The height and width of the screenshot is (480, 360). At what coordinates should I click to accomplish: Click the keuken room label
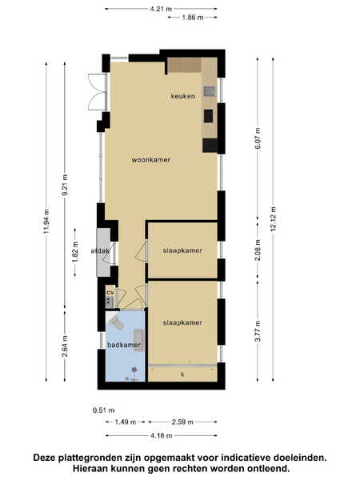pyautogui.click(x=182, y=96)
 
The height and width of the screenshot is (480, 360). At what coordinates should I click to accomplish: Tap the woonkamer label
pyautogui.click(x=151, y=160)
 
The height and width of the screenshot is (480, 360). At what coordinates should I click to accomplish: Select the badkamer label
pyautogui.click(x=124, y=345)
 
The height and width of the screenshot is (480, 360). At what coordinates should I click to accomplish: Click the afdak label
pyautogui.click(x=100, y=251)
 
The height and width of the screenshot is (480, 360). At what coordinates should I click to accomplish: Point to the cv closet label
pyautogui.click(x=110, y=292)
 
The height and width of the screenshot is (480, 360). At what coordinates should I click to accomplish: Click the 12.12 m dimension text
pyautogui.click(x=273, y=219)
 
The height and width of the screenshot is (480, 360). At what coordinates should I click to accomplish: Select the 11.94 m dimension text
pyautogui.click(x=46, y=222)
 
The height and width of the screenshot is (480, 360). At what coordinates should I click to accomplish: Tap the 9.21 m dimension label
pyautogui.click(x=65, y=185)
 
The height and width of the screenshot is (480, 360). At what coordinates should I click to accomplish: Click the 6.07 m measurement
pyautogui.click(x=258, y=138)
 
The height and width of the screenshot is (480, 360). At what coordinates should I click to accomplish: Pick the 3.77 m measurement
pyautogui.click(x=258, y=331)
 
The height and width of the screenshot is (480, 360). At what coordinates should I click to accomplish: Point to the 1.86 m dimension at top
pyautogui.click(x=193, y=18)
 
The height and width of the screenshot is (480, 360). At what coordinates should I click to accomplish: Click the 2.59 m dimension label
pyautogui.click(x=182, y=422)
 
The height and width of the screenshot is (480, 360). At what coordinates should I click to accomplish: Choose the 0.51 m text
pyautogui.click(x=104, y=410)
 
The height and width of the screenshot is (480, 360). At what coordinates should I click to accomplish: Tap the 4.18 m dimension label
pyautogui.click(x=161, y=436)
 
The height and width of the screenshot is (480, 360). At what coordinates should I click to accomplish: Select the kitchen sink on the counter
pyautogui.click(x=210, y=91)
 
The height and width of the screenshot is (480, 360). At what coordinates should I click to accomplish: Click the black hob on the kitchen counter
pyautogui.click(x=209, y=116)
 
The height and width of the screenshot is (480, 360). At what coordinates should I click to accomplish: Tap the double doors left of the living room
pyautogui.click(x=98, y=92)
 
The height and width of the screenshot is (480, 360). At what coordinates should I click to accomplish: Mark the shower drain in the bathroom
pyautogui.click(x=134, y=370)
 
